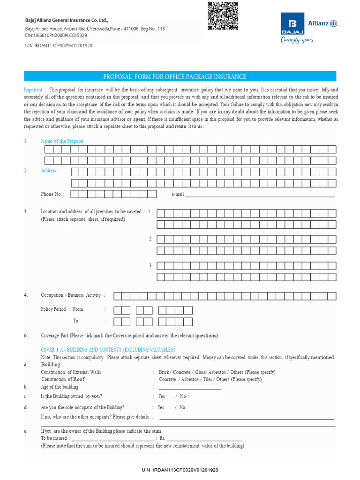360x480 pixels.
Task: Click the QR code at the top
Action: coord(222,16)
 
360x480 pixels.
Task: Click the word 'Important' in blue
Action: coord(33,90)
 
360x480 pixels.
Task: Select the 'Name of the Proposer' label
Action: coord(63,141)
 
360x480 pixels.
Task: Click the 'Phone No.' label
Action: coord(52,194)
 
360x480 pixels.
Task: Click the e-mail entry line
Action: coord(260,196)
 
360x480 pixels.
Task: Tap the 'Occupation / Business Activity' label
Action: coord(71,295)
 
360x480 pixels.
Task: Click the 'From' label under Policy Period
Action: coord(78,309)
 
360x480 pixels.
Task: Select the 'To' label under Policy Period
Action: coord(75,321)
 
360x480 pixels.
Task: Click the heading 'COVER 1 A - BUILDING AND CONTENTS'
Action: coord(108,350)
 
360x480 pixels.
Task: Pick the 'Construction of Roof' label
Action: coord(63,379)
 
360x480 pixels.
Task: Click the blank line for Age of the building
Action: coord(189,389)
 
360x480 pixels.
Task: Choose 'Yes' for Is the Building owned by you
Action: coord(162,397)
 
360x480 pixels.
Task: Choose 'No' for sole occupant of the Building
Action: coord(182,408)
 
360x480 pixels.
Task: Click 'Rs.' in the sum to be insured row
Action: coord(163,439)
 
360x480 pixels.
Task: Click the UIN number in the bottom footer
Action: coord(180,470)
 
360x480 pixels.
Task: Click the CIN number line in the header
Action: coord(56,35)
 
